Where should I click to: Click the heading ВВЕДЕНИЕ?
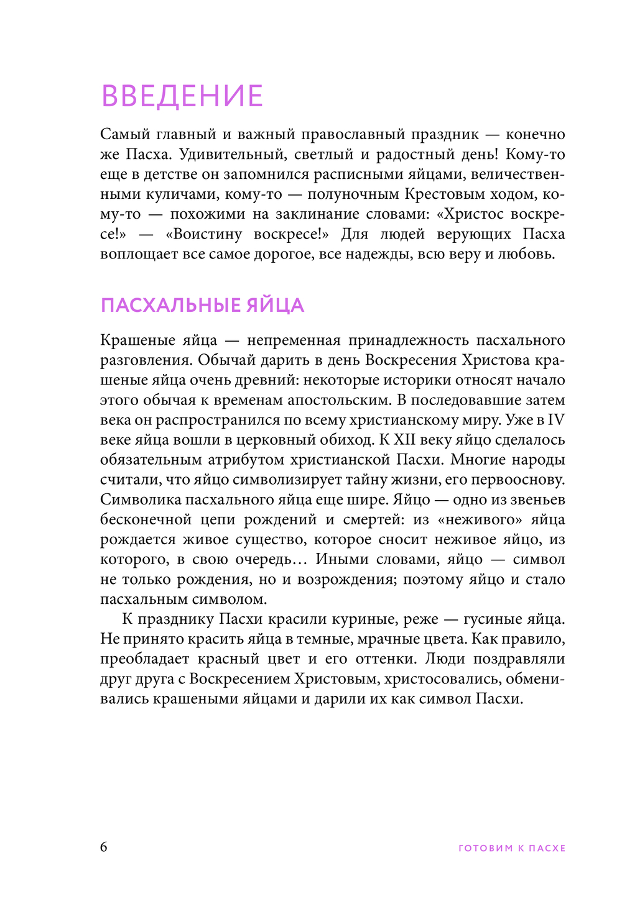(182, 96)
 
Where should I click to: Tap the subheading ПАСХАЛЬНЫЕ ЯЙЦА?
(202, 306)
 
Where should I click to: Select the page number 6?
(104, 847)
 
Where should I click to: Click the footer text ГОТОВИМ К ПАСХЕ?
(511, 848)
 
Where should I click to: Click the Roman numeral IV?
(556, 420)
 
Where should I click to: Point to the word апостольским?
(337, 400)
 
